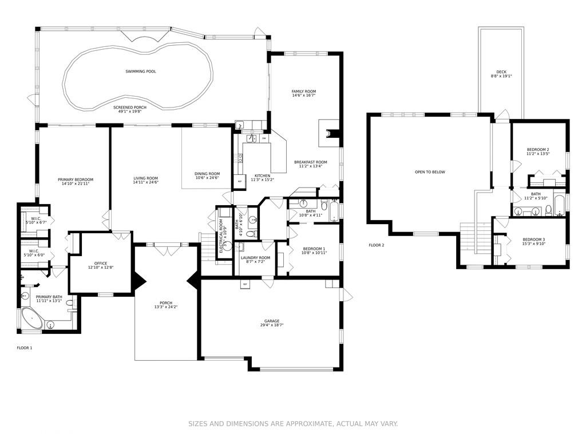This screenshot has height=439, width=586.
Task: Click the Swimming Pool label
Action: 140,71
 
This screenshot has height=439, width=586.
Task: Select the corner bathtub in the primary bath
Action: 31,319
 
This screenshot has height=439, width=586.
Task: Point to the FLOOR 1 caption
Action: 25,348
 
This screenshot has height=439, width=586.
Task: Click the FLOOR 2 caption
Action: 377,245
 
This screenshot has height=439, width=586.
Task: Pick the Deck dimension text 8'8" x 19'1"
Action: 501,76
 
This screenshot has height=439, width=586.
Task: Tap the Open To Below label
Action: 430,172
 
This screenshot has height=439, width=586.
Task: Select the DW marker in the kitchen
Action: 264,138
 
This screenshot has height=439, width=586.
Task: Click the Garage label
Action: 271,321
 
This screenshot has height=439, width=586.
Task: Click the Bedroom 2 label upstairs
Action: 538,149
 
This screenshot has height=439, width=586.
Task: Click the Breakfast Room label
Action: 311,162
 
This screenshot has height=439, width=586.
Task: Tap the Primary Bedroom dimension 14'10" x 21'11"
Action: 75,183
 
